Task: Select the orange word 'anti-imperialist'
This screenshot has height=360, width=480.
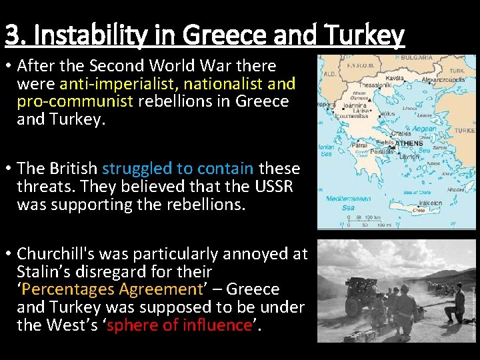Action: click(x=117, y=84)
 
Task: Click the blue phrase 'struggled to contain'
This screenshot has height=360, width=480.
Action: click(x=177, y=169)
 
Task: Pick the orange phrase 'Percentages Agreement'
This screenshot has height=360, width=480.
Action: click(x=114, y=289)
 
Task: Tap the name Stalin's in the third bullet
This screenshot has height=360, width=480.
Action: click(x=43, y=271)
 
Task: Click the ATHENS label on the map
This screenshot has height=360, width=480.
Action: click(x=409, y=143)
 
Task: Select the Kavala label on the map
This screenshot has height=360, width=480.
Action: click(x=394, y=78)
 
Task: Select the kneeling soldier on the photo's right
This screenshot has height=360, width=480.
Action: click(x=456, y=303)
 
